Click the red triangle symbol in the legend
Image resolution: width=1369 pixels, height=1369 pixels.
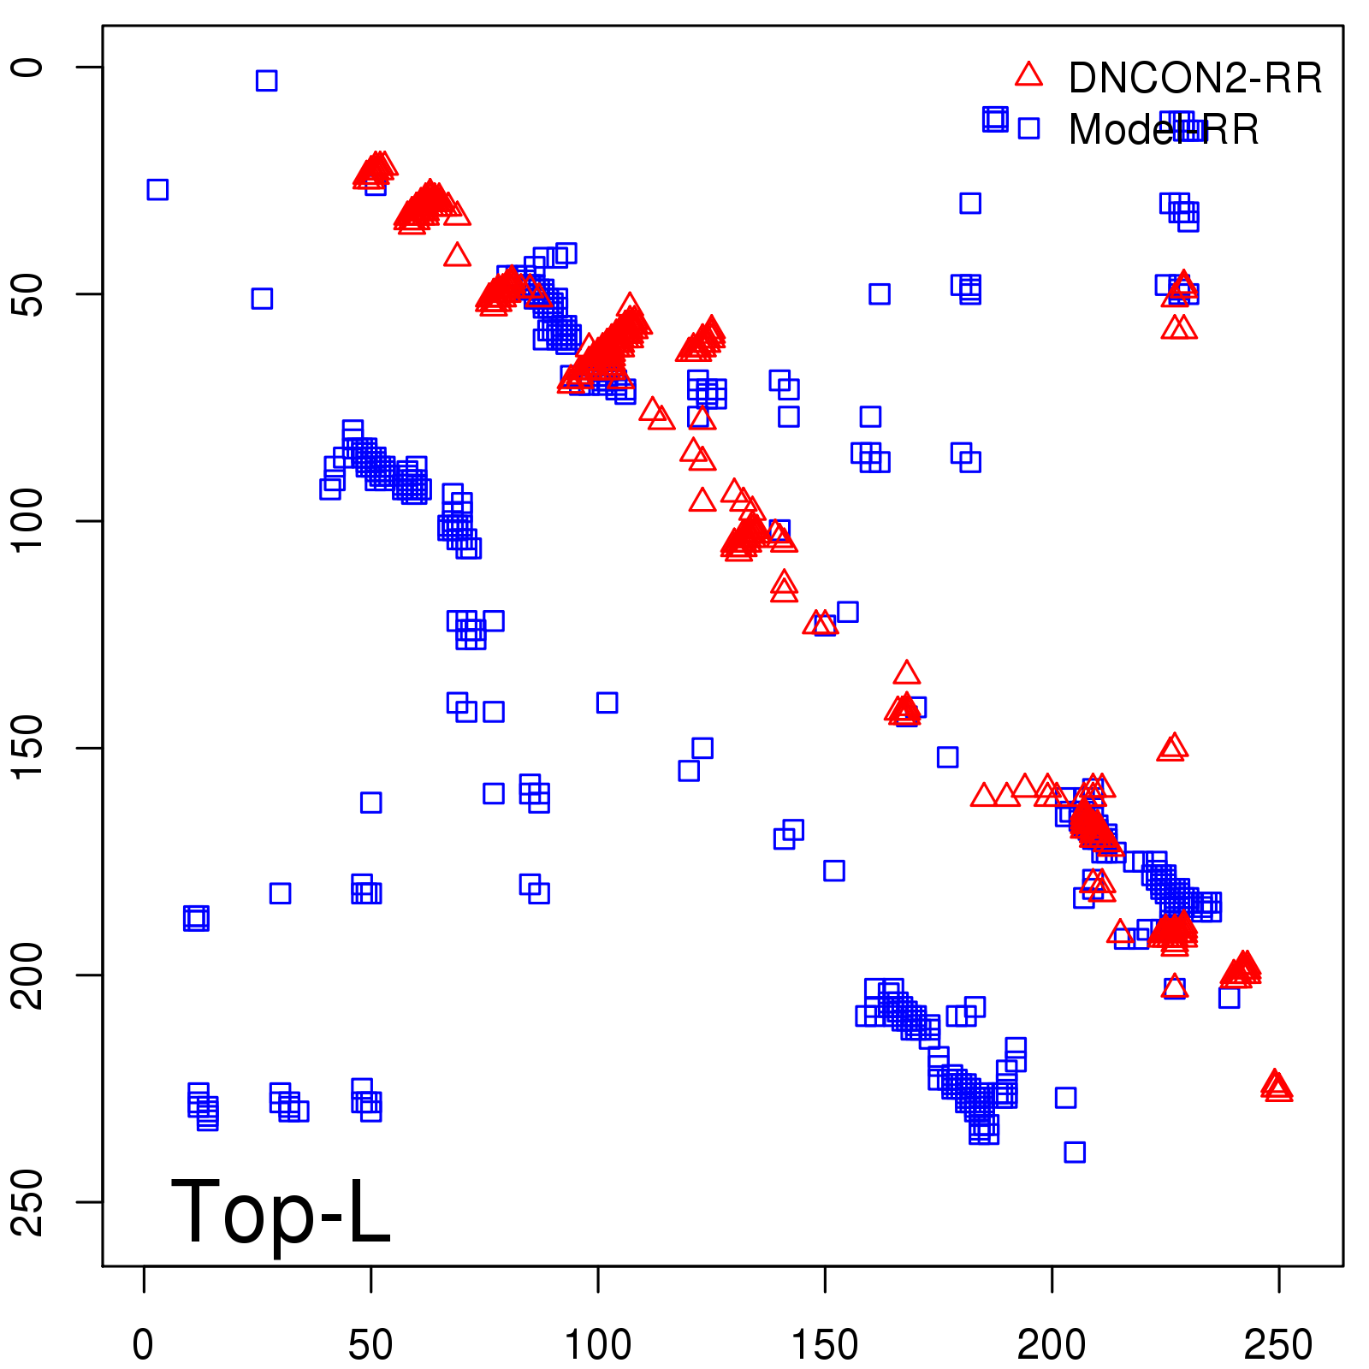pos(1028,75)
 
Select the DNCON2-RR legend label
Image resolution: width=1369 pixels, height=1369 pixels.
pos(1194,79)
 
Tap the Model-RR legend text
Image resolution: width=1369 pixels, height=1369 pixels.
pos(1164,130)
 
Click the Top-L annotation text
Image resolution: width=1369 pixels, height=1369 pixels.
pos(281,1212)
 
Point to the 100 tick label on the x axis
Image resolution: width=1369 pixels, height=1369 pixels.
pos(598,1345)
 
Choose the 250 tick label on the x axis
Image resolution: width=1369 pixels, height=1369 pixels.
pos(1278,1345)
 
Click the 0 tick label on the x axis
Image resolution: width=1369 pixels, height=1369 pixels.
pos(144,1345)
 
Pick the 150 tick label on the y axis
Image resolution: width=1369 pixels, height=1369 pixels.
pos(27,747)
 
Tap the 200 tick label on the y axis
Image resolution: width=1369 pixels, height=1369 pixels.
pos(27,975)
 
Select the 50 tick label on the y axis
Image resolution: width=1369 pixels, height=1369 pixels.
pos(27,294)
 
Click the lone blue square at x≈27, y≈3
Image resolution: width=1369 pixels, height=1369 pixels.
pos(266,80)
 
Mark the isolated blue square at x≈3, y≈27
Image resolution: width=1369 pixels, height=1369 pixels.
pos(157,189)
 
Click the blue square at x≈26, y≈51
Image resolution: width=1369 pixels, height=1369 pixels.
pos(262,299)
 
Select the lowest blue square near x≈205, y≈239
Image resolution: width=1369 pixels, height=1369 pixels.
pos(1075,1152)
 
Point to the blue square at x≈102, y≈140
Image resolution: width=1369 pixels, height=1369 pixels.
pos(607,702)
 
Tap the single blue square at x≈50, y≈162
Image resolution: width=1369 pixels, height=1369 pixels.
pos(370,803)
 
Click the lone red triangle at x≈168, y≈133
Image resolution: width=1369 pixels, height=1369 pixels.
pos(907,673)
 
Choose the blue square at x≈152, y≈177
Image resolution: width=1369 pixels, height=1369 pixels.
pos(834,870)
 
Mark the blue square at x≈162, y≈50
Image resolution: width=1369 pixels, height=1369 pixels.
pos(880,294)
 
